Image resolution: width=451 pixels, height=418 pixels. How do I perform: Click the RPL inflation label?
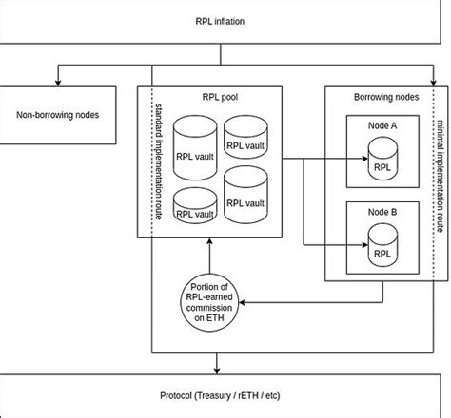[x=225, y=18]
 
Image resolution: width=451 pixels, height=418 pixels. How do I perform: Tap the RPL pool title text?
[x=219, y=95]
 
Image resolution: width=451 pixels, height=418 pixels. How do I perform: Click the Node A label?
[x=381, y=126]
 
